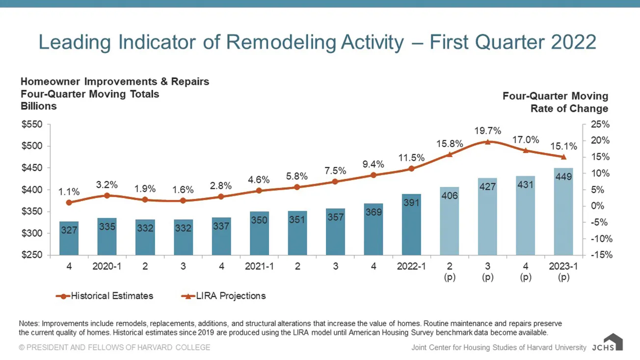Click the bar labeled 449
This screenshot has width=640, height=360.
(x=563, y=211)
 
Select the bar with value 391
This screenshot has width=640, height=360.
(x=411, y=225)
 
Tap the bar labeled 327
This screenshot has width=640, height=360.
(x=69, y=238)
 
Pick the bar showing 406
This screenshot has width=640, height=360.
(x=450, y=221)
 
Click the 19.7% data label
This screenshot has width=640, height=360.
(x=488, y=131)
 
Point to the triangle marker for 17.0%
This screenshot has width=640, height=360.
(x=526, y=150)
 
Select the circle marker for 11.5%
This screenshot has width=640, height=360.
(x=411, y=168)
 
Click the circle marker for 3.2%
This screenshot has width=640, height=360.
(x=107, y=196)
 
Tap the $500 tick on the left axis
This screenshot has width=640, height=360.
(x=32, y=146)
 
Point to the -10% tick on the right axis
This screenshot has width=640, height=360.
(x=601, y=239)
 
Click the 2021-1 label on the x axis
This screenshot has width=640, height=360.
(x=259, y=266)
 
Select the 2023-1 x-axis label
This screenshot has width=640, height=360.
(x=563, y=266)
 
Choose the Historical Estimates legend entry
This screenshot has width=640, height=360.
(x=105, y=296)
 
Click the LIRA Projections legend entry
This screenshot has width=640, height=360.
(x=223, y=296)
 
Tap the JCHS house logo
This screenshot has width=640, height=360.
(x=613, y=342)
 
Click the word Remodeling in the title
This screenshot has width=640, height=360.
(x=281, y=42)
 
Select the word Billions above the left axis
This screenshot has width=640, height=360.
(x=39, y=106)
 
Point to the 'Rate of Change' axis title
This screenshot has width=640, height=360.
(x=569, y=108)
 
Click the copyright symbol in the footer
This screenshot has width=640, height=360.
(x=22, y=347)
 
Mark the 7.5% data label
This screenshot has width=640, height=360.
(x=335, y=171)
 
